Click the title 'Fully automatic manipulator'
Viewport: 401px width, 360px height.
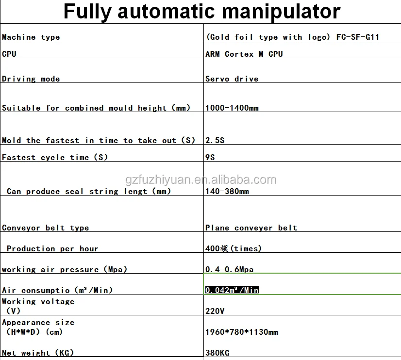click(201, 12)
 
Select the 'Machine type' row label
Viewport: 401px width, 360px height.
click(31, 37)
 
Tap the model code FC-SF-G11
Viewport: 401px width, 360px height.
click(358, 37)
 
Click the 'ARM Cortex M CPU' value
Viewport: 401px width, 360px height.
click(244, 54)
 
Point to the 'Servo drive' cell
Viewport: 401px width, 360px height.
click(232, 79)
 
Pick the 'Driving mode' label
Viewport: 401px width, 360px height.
click(31, 79)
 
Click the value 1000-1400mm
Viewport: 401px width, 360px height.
click(232, 108)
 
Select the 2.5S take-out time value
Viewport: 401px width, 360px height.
click(214, 141)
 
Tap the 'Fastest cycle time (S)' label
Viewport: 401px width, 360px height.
click(55, 158)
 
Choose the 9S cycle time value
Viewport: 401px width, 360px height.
click(210, 158)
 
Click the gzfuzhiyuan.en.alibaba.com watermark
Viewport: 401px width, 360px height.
click(200, 180)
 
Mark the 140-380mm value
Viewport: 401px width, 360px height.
click(227, 192)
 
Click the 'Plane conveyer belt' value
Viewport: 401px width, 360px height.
click(251, 228)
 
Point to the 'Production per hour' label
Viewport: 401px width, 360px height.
click(52, 249)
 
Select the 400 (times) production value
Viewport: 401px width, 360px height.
click(233, 249)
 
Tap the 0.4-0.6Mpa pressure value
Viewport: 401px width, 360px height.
click(229, 270)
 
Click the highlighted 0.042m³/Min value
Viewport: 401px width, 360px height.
click(232, 290)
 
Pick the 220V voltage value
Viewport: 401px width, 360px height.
click(215, 311)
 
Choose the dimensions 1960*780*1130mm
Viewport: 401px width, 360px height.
click(241, 332)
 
